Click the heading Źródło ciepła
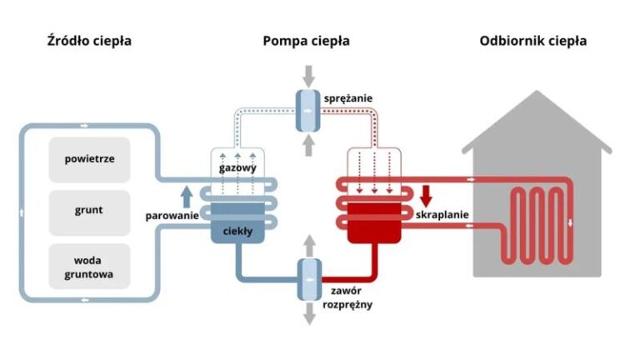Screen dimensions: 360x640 pyautogui.click(x=89, y=41)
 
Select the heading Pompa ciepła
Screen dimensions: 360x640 pyautogui.click(x=307, y=41)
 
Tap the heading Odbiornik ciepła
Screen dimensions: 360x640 pyautogui.click(x=533, y=41)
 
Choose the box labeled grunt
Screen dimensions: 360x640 pyautogui.click(x=89, y=210)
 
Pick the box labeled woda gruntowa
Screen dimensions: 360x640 pyautogui.click(x=89, y=266)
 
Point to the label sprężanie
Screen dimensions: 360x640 pyautogui.click(x=348, y=97)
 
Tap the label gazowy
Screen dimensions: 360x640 pyautogui.click(x=237, y=168)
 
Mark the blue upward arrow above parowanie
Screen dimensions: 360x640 pyautogui.click(x=187, y=197)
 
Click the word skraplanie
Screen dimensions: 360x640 pyautogui.click(x=442, y=215)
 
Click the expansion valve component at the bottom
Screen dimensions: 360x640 pyautogui.click(x=307, y=274)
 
